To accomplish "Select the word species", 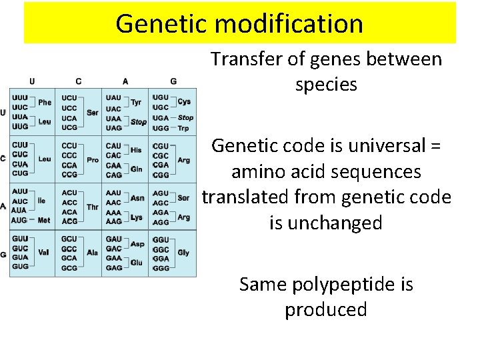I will click(326, 85).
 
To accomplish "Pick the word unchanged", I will click(326, 223).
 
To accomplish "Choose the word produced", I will click(326, 309).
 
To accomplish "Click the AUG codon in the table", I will click(20, 220).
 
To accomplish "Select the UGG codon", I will click(161, 127).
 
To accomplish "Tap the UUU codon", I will click(20, 97).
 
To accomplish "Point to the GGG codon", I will click(161, 267).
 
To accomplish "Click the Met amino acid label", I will click(44, 220).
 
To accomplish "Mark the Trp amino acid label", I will click(184, 127).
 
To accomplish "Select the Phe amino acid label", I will click(45, 103).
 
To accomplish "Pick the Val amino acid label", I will click(44, 253).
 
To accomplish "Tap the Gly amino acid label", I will click(183, 253).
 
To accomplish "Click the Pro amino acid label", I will click(93, 160).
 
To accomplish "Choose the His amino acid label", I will click(136, 150).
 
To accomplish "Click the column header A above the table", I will click(125, 81).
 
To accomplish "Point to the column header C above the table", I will click(79, 81).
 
